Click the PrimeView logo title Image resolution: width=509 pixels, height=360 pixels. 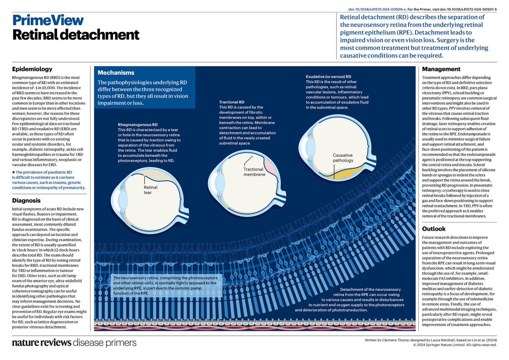coord(48,20)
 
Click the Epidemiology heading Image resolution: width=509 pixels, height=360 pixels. coord(32,69)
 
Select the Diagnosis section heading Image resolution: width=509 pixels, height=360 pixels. coord(26,201)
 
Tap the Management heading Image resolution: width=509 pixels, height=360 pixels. coord(441,69)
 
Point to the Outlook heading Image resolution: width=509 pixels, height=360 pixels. coord(433,229)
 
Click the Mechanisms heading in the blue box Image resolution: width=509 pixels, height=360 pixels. coord(116,73)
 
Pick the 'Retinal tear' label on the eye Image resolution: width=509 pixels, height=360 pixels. coord(150,190)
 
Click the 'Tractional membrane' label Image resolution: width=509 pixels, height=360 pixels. coord(254,172)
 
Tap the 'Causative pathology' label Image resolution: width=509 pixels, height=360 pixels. coord(343,158)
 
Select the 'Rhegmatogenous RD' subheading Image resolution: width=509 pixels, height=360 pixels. coord(138,125)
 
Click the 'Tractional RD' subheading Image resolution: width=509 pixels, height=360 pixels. coord(231,102)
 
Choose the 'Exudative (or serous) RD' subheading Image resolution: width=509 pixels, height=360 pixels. coord(328,77)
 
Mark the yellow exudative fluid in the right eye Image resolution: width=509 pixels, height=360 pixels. coord(345,173)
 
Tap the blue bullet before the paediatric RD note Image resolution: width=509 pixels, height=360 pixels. coord(14,172)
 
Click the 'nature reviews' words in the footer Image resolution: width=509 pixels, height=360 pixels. coord(41,343)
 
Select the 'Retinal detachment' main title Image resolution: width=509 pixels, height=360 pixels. coord(76,35)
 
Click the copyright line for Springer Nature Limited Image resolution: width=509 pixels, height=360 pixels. coord(455,345)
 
